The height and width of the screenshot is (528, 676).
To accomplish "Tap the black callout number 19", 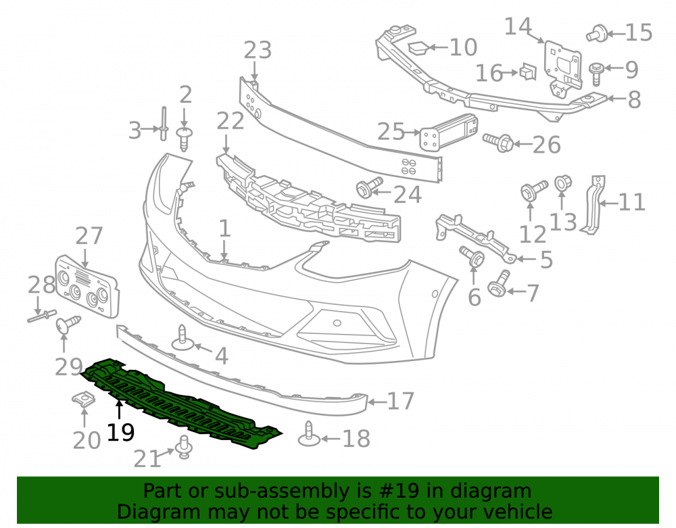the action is [x=121, y=432].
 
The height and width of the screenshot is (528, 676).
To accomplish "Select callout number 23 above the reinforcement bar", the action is [x=258, y=50].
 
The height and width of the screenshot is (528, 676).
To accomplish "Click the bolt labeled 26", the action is [x=498, y=142].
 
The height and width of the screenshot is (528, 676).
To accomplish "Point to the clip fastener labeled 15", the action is [x=597, y=33].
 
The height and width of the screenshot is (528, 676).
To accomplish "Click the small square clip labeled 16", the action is [x=527, y=72].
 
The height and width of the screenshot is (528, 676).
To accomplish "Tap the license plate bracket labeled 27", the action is [x=87, y=286].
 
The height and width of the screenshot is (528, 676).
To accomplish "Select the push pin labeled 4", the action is [x=183, y=338].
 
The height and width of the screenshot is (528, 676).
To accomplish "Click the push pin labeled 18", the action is [x=309, y=433].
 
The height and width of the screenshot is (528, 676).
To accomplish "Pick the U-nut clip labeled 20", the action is [x=84, y=400].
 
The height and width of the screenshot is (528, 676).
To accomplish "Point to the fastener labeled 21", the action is [x=185, y=448].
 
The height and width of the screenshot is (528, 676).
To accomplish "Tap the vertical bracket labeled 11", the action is [x=594, y=205].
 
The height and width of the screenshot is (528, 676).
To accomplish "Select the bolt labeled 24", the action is [x=370, y=187].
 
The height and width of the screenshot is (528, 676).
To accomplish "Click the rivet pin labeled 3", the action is [x=164, y=124].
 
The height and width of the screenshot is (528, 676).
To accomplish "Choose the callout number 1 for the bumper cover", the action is [x=224, y=229].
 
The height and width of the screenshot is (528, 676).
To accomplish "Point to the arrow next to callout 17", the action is [x=377, y=402].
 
